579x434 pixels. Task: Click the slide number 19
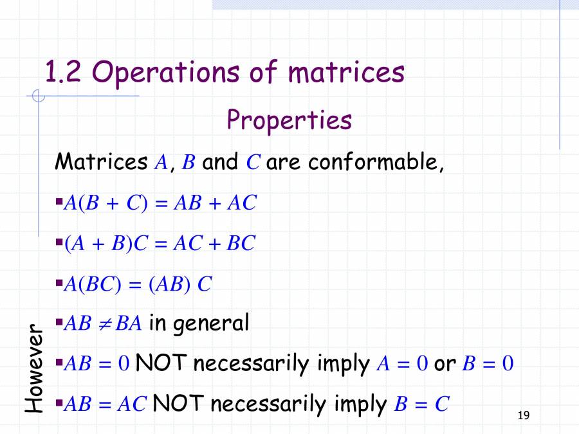[x=523, y=416]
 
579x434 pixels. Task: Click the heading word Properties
[x=289, y=120]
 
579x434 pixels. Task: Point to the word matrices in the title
[x=346, y=72]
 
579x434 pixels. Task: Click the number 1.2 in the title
[x=63, y=72]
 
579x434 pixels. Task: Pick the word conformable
[x=376, y=162]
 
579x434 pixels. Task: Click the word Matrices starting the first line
[x=101, y=162]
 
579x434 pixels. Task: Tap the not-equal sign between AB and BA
[x=107, y=323]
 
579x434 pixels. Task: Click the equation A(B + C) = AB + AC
[x=160, y=203]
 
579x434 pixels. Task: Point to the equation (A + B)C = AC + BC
[x=160, y=244]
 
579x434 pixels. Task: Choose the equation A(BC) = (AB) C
[x=138, y=284]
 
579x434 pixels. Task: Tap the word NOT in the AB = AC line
[x=178, y=404]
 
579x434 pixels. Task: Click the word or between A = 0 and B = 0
[x=445, y=365]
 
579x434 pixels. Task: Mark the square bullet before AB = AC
[x=59, y=403]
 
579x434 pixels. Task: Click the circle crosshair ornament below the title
[x=39, y=97]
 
